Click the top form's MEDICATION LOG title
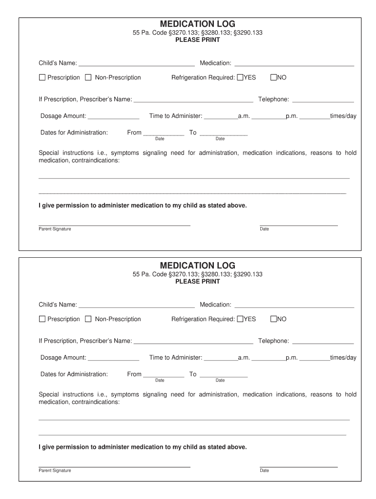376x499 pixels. (x=197, y=24)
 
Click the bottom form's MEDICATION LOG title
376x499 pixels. (x=197, y=266)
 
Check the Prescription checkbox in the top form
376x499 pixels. (x=42, y=77)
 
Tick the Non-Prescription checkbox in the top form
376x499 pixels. (x=88, y=77)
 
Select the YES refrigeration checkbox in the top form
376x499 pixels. (x=240, y=77)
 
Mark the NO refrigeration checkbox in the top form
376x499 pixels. (x=273, y=77)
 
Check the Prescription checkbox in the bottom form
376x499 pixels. (x=42, y=319)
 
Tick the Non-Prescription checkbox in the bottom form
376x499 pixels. (x=88, y=319)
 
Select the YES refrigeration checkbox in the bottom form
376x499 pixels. (x=240, y=319)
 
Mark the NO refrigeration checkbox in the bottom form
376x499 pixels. (x=273, y=319)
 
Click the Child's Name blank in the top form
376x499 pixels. (x=137, y=63)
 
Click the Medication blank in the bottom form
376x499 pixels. (x=294, y=305)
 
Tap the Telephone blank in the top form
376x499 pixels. (x=323, y=100)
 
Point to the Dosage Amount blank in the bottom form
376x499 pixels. (x=113, y=358)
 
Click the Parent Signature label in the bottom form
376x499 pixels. (x=55, y=471)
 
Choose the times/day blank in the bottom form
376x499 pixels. (x=314, y=358)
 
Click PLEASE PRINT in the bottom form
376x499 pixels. (x=197, y=282)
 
